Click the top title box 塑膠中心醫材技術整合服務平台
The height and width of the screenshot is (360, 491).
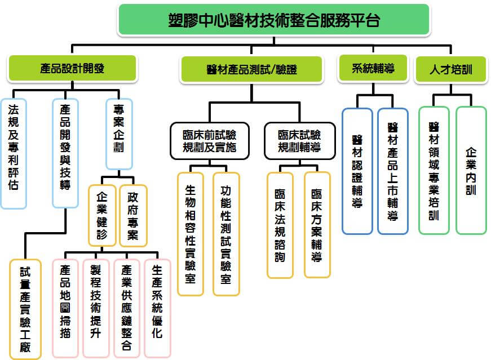pyautogui.click(x=274, y=20)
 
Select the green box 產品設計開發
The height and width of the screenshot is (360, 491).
pyautogui.click(x=72, y=68)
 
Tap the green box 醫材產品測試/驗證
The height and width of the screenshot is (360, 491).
pyautogui.click(x=251, y=69)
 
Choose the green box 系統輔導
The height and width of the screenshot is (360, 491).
pyautogui.click(x=373, y=68)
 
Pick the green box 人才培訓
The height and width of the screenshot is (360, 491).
pyautogui.click(x=450, y=69)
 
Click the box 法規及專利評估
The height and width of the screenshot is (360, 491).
pyautogui.click(x=14, y=153)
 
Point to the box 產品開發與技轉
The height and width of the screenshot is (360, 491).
pyautogui.click(x=65, y=153)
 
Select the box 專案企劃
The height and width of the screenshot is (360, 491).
pyautogui.click(x=119, y=134)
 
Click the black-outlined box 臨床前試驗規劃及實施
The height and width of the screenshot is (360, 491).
pyautogui.click(x=210, y=141)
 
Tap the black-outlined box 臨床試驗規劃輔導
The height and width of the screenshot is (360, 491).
pyautogui.click(x=300, y=141)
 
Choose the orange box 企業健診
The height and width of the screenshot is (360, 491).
pyautogui.click(x=102, y=216)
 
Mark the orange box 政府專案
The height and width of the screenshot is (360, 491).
pyautogui.click(x=133, y=216)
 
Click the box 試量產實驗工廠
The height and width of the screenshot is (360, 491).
pyautogui.click(x=25, y=309)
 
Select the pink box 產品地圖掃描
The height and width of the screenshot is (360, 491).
pyautogui.click(x=65, y=308)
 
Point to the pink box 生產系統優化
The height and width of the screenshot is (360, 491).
pyautogui.click(x=157, y=308)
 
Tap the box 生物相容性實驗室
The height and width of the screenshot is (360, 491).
pyautogui.click(x=191, y=234)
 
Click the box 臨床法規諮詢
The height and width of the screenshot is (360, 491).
pyautogui.click(x=280, y=225)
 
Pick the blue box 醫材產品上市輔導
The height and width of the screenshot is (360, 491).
pyautogui.click(x=393, y=171)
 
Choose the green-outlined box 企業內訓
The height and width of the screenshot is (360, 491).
pyautogui.click(x=471, y=171)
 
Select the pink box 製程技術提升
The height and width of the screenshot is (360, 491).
pyautogui.click(x=96, y=308)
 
